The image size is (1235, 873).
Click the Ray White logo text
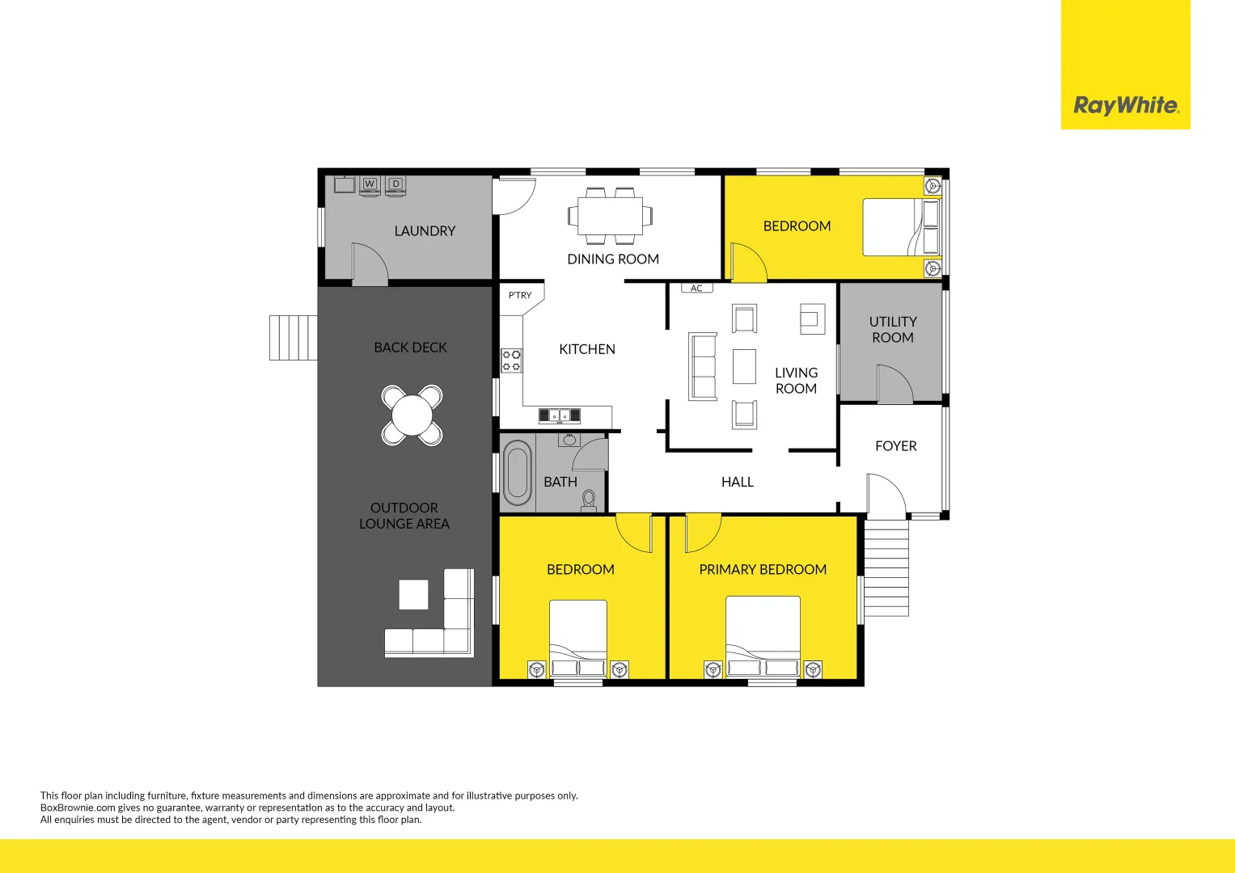pyautogui.click(x=1125, y=105)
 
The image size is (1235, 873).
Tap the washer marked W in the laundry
pyautogui.click(x=370, y=185)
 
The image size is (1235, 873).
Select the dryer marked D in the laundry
pyautogui.click(x=395, y=185)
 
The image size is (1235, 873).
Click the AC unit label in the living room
pyautogui.click(x=696, y=288)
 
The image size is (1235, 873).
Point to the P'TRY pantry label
pyautogui.click(x=520, y=295)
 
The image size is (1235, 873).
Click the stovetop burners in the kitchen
pyautogui.click(x=511, y=361)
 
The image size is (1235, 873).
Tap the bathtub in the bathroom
pyautogui.click(x=517, y=474)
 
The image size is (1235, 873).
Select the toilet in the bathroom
pyautogui.click(x=589, y=500)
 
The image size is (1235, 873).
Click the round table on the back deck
pyautogui.click(x=412, y=415)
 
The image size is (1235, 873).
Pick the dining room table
pyautogui.click(x=610, y=216)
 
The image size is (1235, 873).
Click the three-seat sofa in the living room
pyautogui.click(x=703, y=366)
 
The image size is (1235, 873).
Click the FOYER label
pyautogui.click(x=895, y=446)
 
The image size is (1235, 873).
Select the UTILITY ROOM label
pyautogui.click(x=893, y=330)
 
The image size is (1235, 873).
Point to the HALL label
pyautogui.click(x=737, y=482)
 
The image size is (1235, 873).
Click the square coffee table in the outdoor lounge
pyautogui.click(x=413, y=595)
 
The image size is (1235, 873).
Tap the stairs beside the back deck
pyautogui.click(x=293, y=338)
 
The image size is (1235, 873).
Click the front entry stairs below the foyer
pyautogui.click(x=886, y=567)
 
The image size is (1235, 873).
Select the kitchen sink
pyautogui.click(x=560, y=415)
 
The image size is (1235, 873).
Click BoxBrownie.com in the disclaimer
pyautogui.click(x=78, y=808)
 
